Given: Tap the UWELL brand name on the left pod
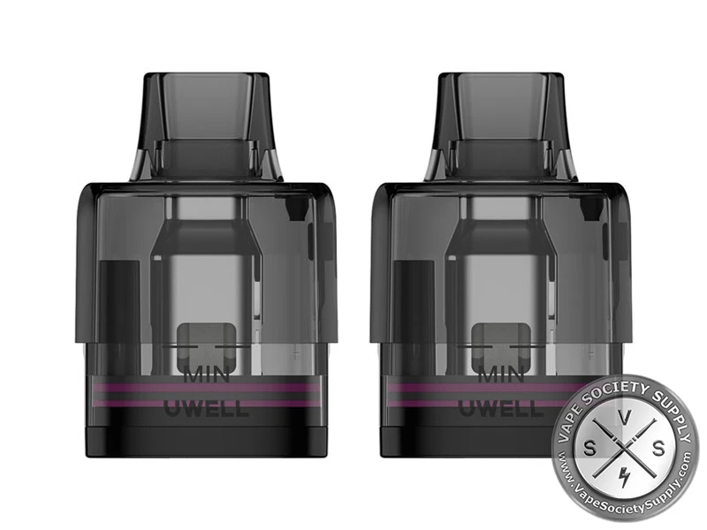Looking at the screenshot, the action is click(206, 408).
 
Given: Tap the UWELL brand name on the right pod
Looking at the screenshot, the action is click(499, 408).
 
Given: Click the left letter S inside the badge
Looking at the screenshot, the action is click(589, 449).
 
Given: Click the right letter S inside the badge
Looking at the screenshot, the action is click(658, 449).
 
